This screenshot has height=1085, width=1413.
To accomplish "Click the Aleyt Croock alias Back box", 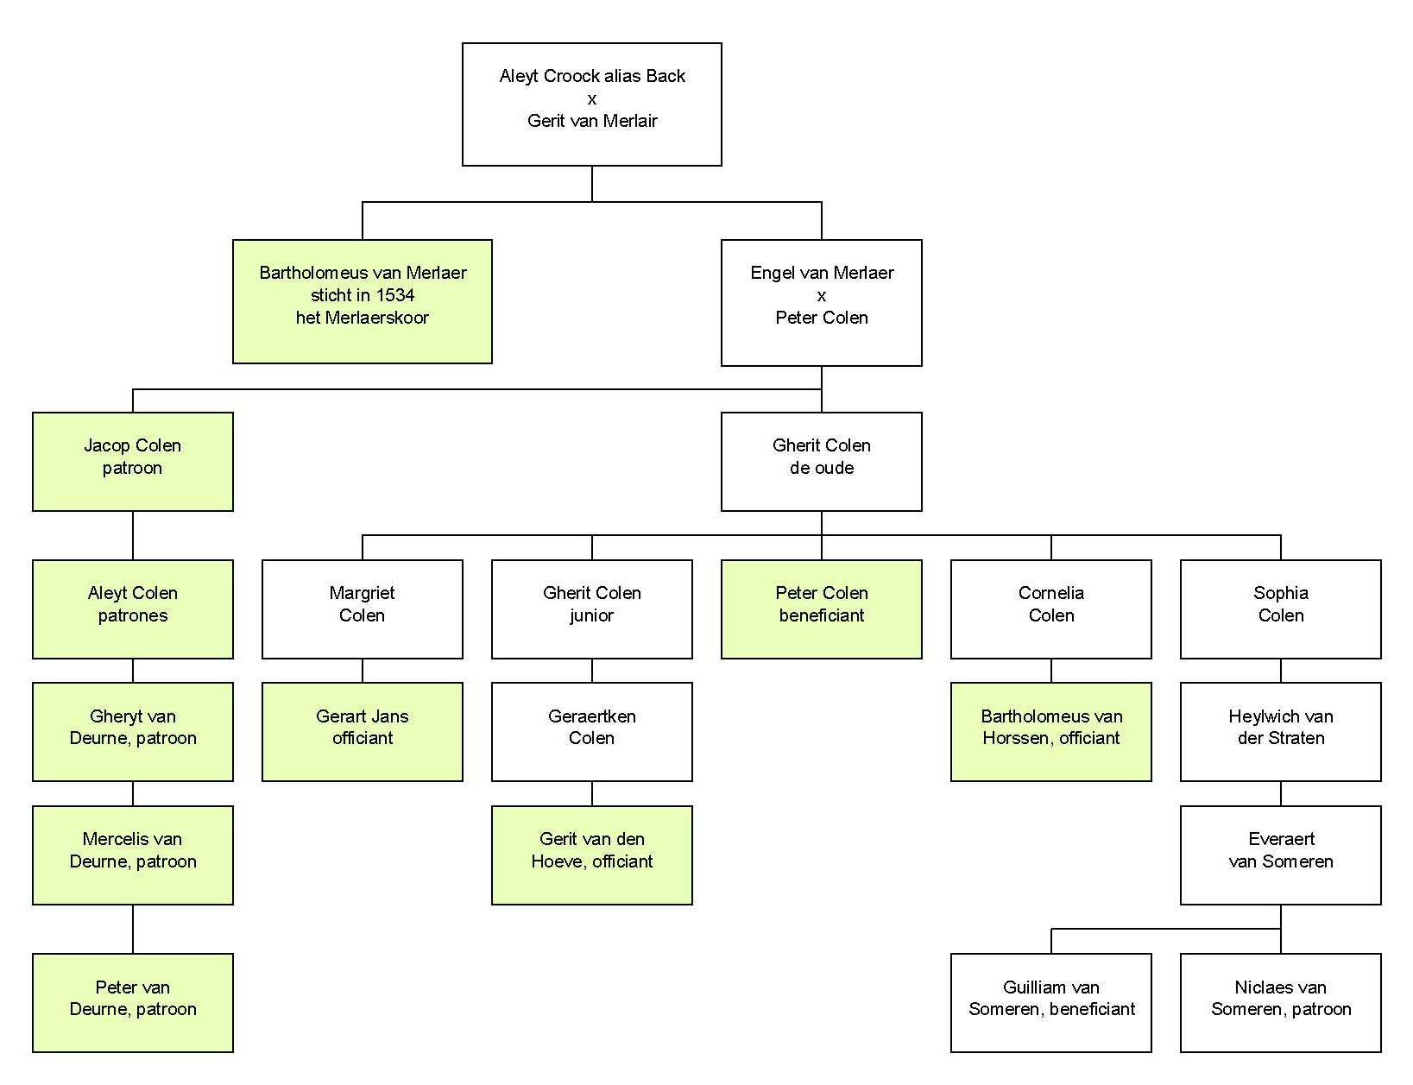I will pyautogui.click(x=592, y=104).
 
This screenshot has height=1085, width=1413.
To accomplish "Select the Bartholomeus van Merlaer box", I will pyautogui.click(x=363, y=301).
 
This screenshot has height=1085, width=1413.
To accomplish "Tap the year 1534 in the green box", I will pyautogui.click(x=395, y=295).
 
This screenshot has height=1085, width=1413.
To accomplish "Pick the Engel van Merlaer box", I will pyautogui.click(x=821, y=302).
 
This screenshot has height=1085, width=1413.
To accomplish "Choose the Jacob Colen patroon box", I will pyautogui.click(x=133, y=461).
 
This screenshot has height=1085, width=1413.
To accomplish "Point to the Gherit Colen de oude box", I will pyautogui.click(x=821, y=461).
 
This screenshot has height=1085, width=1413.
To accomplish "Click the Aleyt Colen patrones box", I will pyautogui.click(x=133, y=609).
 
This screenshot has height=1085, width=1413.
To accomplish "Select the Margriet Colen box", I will pyautogui.click(x=363, y=609).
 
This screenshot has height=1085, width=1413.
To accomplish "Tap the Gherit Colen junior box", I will pyautogui.click(x=592, y=609).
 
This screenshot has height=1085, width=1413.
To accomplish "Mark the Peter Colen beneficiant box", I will pyautogui.click(x=821, y=609).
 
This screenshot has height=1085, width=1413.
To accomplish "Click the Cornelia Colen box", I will pyautogui.click(x=1050, y=609).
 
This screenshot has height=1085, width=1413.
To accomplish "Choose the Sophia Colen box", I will pyautogui.click(x=1280, y=609).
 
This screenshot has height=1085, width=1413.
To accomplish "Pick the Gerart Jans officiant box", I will pyautogui.click(x=363, y=731).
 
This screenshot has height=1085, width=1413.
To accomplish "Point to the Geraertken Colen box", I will pyautogui.click(x=592, y=731).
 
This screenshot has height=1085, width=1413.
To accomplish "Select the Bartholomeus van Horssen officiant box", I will pyautogui.click(x=1050, y=731).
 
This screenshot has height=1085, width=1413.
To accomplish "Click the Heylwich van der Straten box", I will pyautogui.click(x=1280, y=731).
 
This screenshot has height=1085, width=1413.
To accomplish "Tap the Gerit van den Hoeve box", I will pyautogui.click(x=592, y=855).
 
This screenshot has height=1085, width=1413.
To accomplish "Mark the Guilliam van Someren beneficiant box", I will pyautogui.click(x=1050, y=1002).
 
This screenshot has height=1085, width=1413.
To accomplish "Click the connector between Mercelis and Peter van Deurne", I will pyautogui.click(x=133, y=929).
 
